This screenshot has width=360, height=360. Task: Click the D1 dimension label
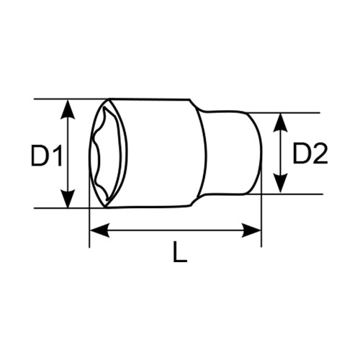point(47,155)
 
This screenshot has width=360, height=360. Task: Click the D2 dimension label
point(310,153)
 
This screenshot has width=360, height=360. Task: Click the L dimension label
point(180,251)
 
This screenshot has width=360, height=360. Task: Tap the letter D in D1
point(40,155)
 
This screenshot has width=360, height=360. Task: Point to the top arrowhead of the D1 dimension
point(68,109)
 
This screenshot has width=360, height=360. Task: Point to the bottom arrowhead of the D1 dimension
point(68,198)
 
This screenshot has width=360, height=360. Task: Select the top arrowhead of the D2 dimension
point(280,122)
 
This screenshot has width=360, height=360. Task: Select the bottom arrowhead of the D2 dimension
point(280,184)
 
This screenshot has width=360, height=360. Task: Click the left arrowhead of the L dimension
point(99,230)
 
